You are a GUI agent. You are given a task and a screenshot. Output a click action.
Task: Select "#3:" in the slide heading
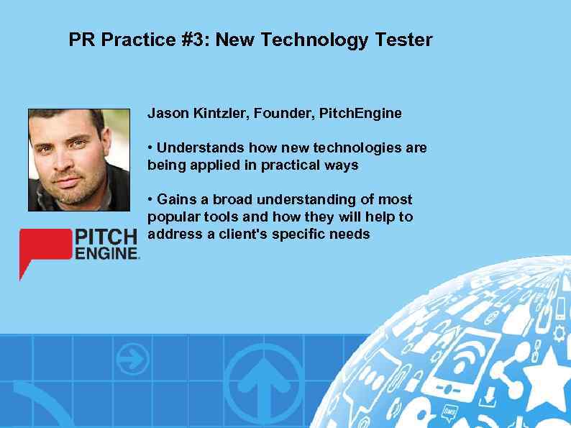(193, 40)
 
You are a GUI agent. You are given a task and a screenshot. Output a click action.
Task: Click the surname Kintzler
(219, 114)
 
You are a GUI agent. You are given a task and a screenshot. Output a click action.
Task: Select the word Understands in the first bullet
(199, 148)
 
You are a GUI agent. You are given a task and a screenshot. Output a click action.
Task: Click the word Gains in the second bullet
(175, 199)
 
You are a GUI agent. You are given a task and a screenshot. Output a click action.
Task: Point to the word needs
(352, 234)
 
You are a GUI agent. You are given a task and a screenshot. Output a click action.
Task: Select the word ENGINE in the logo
(105, 253)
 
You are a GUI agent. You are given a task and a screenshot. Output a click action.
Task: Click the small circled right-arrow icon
(132, 358)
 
